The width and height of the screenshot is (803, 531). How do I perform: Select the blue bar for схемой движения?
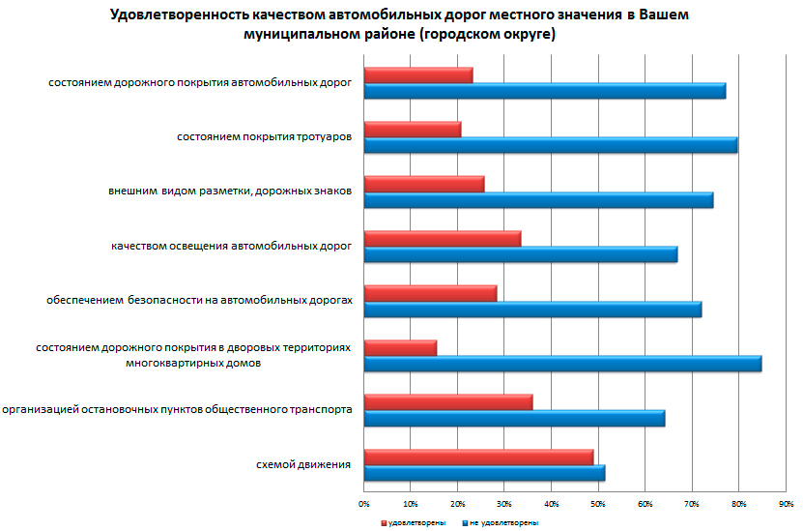(484, 473)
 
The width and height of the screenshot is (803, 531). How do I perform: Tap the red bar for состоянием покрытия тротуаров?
(413, 129)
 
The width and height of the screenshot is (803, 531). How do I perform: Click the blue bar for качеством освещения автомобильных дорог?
(521, 254)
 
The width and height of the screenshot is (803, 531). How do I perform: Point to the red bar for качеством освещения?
(443, 238)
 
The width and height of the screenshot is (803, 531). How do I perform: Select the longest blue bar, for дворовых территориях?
(562, 364)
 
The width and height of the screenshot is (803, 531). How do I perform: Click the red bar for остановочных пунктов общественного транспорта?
(448, 402)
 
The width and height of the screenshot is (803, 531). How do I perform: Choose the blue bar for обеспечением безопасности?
(532, 310)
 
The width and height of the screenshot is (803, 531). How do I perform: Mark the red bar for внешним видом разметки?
(424, 184)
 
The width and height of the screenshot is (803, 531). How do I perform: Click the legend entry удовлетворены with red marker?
(415, 521)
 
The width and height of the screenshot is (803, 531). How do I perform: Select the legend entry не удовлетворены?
(502, 521)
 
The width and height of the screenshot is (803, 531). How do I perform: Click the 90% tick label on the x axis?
(786, 504)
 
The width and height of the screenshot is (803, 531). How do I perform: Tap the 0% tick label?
(364, 504)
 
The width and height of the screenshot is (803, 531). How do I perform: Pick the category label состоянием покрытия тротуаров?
(264, 137)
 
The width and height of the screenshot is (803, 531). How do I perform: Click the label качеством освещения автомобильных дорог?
(231, 247)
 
